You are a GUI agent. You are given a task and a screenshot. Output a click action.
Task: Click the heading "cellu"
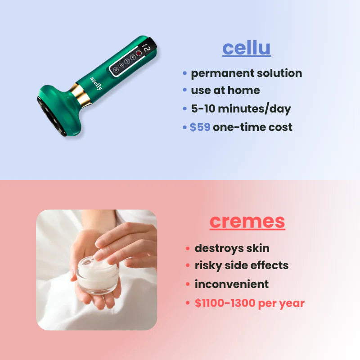[x=246, y=48]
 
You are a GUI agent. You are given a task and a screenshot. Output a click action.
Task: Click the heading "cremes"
[x=247, y=221]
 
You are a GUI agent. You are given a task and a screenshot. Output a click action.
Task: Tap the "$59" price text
[x=200, y=127]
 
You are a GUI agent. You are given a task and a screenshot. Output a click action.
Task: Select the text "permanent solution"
[x=246, y=73]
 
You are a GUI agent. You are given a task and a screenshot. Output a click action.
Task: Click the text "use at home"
[x=225, y=90]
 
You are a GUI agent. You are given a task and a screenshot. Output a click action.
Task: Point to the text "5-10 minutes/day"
[x=241, y=109]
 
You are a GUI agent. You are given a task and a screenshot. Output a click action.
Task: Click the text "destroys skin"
[x=232, y=248]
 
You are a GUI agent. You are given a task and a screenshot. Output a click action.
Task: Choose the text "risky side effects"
[x=241, y=265]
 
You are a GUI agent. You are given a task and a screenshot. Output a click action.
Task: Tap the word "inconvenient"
[x=231, y=284]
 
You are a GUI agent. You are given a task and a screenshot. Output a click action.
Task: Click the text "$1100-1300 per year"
[x=249, y=303]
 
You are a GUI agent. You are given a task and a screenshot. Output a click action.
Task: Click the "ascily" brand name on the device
[x=96, y=84]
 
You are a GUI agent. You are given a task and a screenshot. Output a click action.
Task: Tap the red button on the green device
[x=139, y=53]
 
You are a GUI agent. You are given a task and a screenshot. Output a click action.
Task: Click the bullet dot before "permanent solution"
[x=185, y=73]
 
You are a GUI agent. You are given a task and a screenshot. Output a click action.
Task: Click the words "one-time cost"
[x=252, y=127]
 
